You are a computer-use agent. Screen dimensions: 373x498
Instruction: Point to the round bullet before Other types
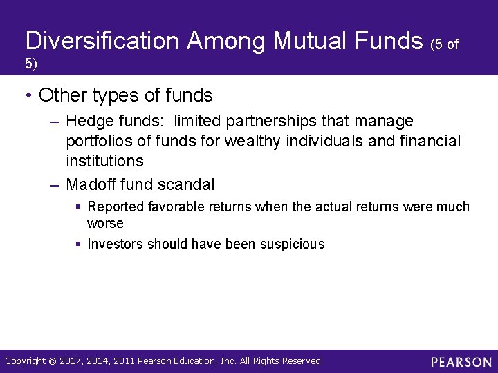click(28, 95)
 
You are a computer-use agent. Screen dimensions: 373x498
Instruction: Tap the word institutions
click(104, 161)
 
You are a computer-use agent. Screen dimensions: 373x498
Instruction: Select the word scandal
click(187, 184)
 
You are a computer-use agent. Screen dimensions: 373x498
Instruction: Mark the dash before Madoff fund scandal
click(55, 184)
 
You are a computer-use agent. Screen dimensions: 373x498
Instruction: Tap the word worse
click(105, 223)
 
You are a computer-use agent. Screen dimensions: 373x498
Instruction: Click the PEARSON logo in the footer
click(461, 362)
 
